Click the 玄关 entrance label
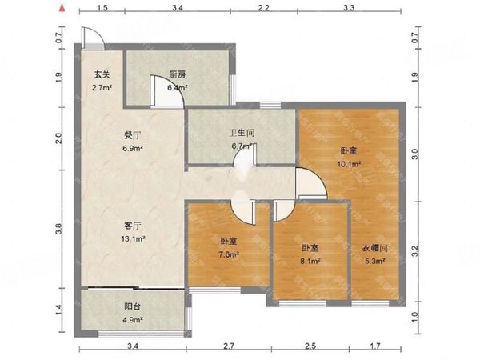pos(99,74)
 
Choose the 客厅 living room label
pos(122,225)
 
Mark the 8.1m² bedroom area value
pos(311,261)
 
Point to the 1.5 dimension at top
pos(103,8)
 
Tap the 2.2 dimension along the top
pos(263,8)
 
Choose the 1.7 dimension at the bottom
pos(375,346)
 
